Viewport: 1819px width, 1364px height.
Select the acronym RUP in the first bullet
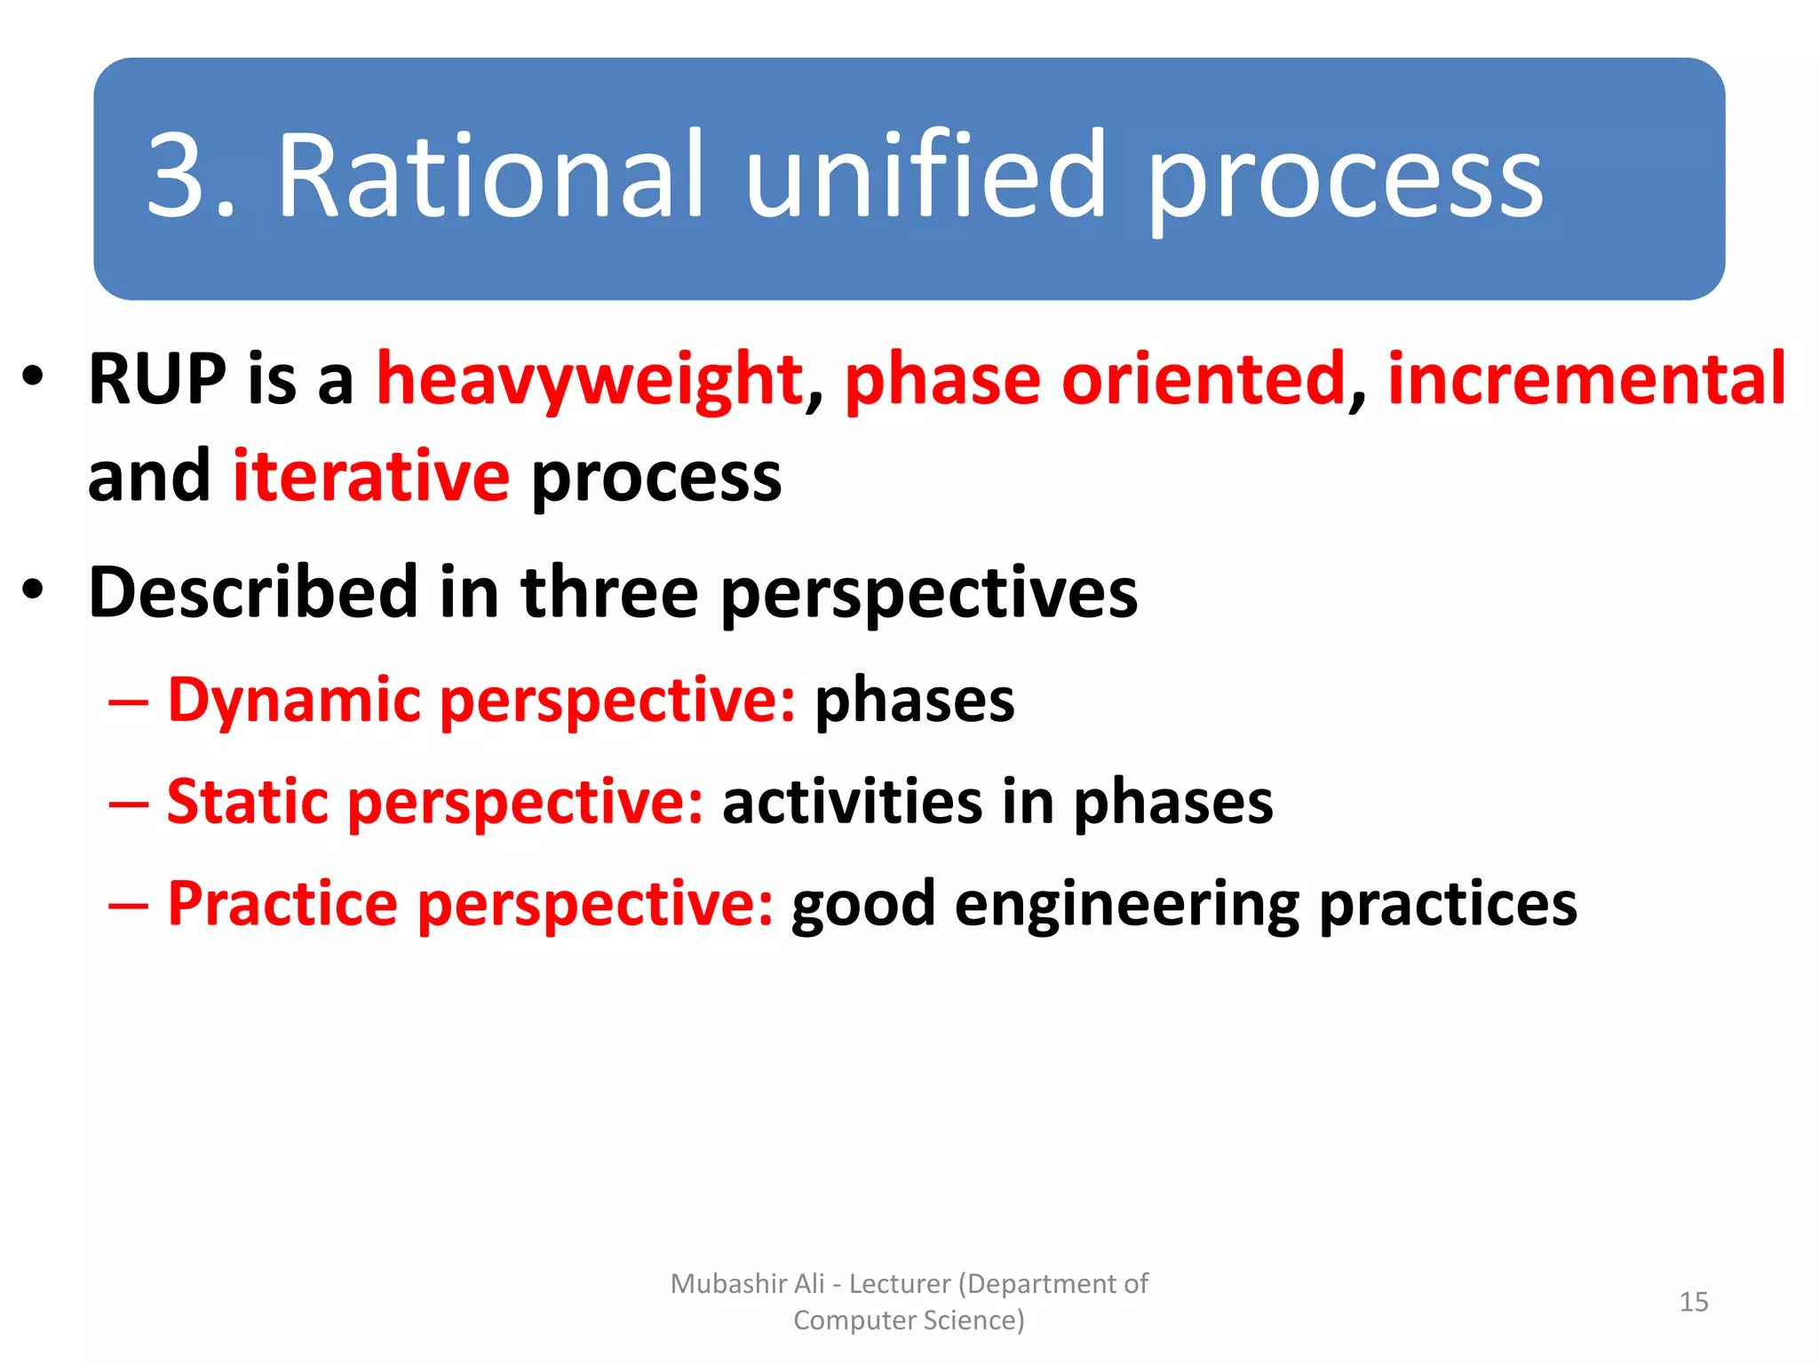tap(157, 379)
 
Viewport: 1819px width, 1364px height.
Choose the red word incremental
tap(1586, 379)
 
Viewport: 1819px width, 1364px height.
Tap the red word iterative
tap(371, 477)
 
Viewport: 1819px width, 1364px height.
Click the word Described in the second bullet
tap(253, 592)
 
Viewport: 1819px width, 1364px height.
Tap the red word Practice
tap(282, 904)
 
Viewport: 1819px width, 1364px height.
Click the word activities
tap(852, 802)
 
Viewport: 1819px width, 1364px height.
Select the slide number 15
tap(1693, 1302)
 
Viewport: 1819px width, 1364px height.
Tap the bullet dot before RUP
tap(33, 377)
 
